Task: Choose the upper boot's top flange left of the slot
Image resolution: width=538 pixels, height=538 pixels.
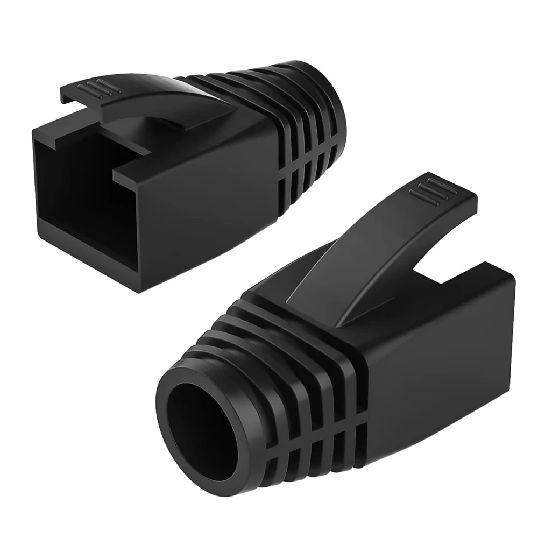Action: click(x=65, y=118)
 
